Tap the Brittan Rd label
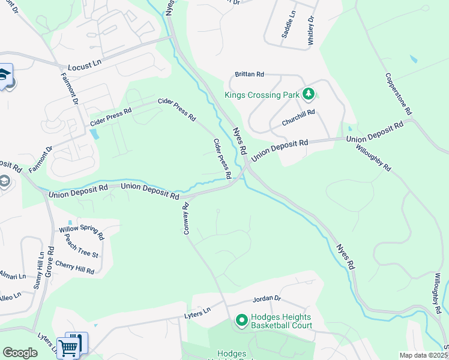pyautogui.click(x=249, y=74)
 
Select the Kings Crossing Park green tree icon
pyautogui.click(x=309, y=94)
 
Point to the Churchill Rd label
pyautogui.click(x=298, y=117)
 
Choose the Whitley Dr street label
pyautogui.click(x=311, y=28)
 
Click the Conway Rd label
pyautogui.click(x=186, y=218)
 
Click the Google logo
pyautogui.click(x=20, y=353)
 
